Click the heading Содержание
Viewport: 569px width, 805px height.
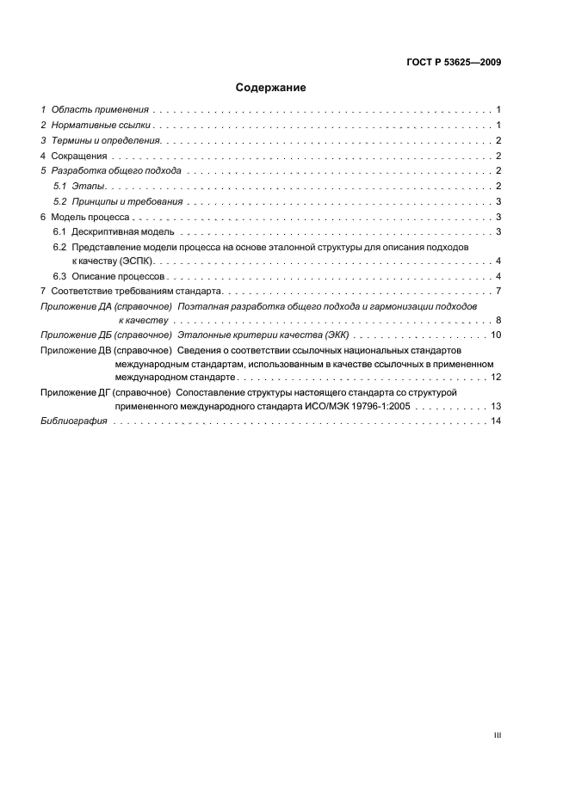[271, 88]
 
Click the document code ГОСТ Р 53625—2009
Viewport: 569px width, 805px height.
[454, 62]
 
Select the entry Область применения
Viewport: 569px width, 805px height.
[100, 110]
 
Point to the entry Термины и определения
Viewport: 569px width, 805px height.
[107, 140]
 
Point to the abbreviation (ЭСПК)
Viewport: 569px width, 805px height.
[136, 261]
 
